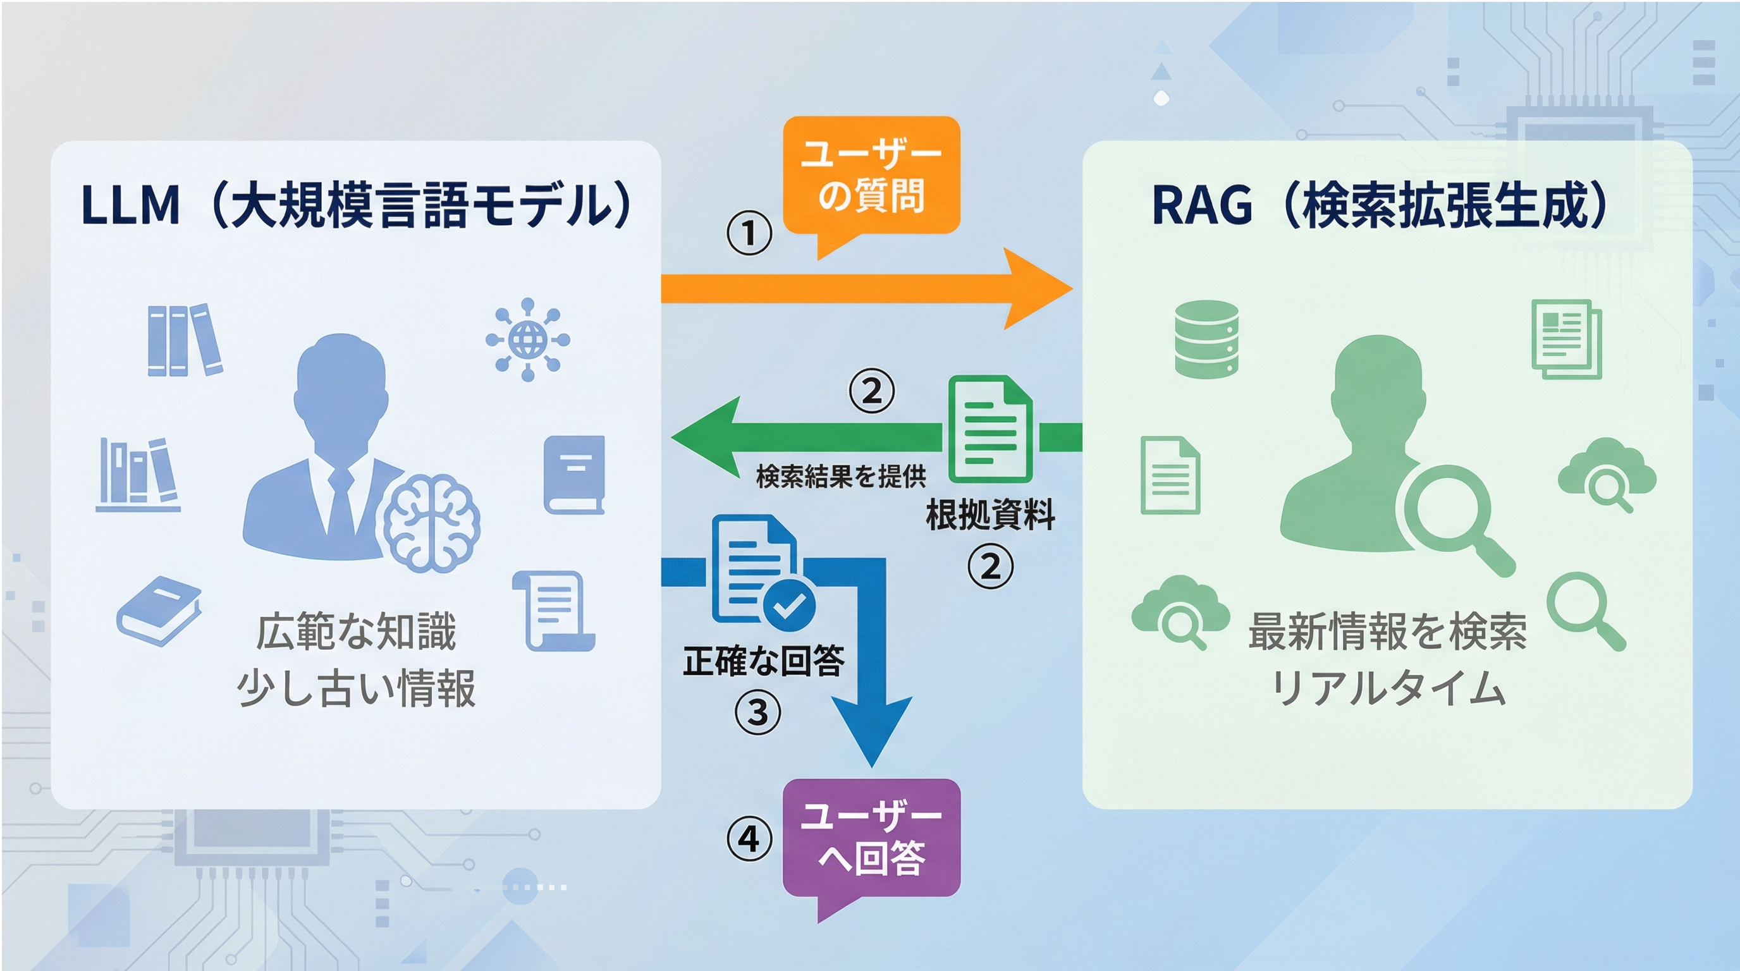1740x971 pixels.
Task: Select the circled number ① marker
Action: pyautogui.click(x=749, y=233)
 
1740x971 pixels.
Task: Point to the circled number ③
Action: pyautogui.click(x=757, y=712)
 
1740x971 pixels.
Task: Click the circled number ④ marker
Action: pyautogui.click(x=749, y=840)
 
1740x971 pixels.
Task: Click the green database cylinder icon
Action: pyautogui.click(x=1206, y=338)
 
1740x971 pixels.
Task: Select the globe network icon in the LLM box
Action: pyautogui.click(x=527, y=339)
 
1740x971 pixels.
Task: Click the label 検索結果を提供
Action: pyautogui.click(x=841, y=477)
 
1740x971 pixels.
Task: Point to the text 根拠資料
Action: pyautogui.click(x=990, y=515)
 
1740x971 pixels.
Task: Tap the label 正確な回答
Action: pyautogui.click(x=764, y=661)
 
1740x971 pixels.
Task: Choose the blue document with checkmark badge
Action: pyautogui.click(x=760, y=571)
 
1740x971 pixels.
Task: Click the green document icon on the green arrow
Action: pyautogui.click(x=990, y=429)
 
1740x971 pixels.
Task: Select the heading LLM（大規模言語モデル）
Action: pyautogui.click(x=356, y=205)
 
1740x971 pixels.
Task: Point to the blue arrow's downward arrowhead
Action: pyautogui.click(x=871, y=733)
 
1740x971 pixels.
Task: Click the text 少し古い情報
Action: pyautogui.click(x=356, y=689)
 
